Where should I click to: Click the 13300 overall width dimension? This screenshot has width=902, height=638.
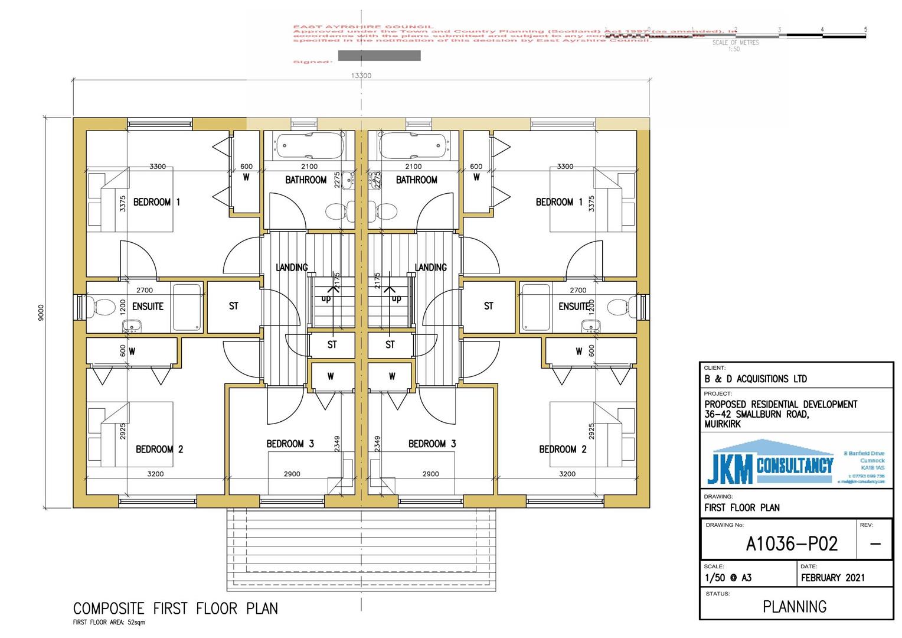[x=361, y=76]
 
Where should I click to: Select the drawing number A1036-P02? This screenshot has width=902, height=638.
[x=791, y=543]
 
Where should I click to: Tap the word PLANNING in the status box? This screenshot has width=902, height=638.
[x=795, y=607]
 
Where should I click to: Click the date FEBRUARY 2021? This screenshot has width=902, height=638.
[x=832, y=578]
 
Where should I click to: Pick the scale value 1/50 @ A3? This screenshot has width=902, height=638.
[x=728, y=578]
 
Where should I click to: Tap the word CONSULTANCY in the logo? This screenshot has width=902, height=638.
[x=795, y=466]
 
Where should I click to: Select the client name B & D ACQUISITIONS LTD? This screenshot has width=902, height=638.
[x=755, y=379]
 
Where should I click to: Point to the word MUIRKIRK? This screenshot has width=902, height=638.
[x=722, y=424]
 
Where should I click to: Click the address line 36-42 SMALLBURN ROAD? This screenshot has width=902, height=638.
[x=756, y=415]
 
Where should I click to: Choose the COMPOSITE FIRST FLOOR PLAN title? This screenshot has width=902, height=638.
[x=175, y=608]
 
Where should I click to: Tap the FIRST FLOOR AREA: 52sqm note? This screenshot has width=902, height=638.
[x=109, y=623]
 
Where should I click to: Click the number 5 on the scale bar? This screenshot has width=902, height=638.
[x=865, y=29]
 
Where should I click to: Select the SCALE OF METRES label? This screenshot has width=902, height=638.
[x=735, y=43]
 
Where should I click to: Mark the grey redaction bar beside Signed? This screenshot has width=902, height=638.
[x=379, y=56]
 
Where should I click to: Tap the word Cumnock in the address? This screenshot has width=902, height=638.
[x=872, y=460]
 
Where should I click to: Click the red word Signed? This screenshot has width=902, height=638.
[x=312, y=61]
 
